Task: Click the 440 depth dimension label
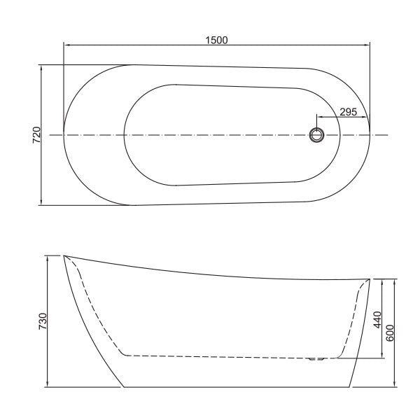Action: pos(378,320)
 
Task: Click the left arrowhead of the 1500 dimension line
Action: pos(66,47)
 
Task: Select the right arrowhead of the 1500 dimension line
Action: pos(367,47)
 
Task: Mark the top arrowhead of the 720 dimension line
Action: pos(43,68)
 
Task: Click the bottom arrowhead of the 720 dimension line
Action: pos(43,203)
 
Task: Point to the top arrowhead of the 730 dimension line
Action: pos(48,258)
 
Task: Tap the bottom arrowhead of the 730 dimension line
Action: pos(48,384)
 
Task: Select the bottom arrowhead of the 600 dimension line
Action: pos(395,384)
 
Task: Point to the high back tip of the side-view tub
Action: pos(65,256)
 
